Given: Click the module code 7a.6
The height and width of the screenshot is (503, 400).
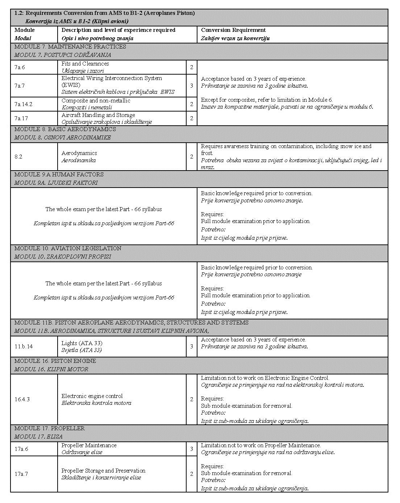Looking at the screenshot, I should click(x=20, y=67).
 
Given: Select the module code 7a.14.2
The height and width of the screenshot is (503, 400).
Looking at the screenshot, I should click(x=24, y=104).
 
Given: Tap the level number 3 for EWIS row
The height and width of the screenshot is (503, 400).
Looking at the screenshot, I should click(x=192, y=86).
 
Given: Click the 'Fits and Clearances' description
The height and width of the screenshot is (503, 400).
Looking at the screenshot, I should click(x=85, y=64).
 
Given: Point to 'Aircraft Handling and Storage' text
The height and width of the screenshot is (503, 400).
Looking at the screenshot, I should click(x=98, y=115).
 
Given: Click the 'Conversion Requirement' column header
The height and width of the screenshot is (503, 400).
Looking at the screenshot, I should click(x=233, y=30).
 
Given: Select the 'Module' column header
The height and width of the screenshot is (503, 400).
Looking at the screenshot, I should click(x=25, y=30).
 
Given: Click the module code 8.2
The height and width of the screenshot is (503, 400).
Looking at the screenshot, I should click(x=18, y=157).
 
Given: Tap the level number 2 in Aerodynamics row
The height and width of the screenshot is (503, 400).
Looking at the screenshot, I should click(x=192, y=157).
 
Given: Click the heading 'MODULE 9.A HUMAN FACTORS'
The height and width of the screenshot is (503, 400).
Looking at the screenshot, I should click(x=59, y=175).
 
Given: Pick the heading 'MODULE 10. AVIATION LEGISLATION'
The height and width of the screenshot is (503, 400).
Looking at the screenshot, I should click(x=68, y=248).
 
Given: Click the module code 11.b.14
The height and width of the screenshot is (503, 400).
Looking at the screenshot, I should click(x=24, y=347).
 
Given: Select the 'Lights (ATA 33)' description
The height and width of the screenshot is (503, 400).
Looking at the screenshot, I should click(x=82, y=343).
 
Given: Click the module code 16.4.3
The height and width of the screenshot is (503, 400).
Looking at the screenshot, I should click(x=22, y=399).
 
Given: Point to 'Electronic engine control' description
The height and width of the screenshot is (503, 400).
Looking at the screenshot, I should click(x=92, y=396).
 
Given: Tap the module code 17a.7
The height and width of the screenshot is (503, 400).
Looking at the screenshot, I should click(x=21, y=474).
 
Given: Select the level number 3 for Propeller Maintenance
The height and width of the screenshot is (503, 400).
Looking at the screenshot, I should click(x=192, y=449).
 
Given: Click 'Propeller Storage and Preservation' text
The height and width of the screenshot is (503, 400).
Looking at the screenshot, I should click(x=103, y=471).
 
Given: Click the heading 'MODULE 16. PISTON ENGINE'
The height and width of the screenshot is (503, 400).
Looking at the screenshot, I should click(x=55, y=361).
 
